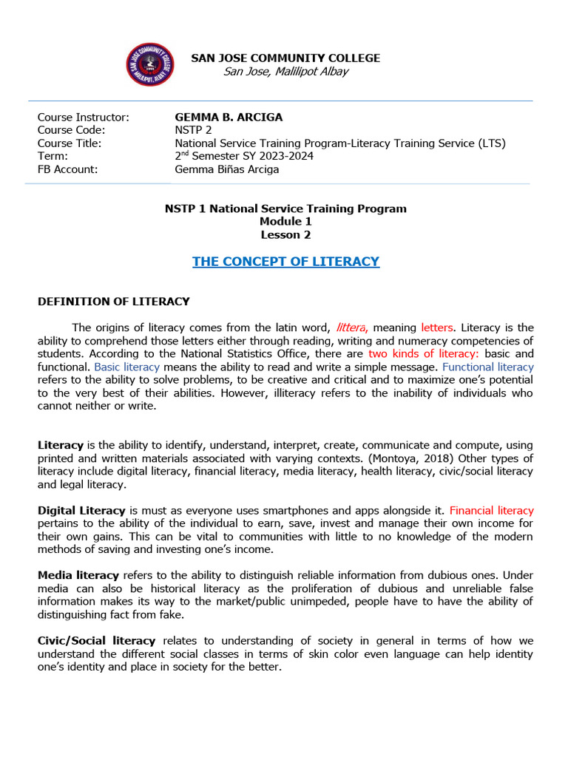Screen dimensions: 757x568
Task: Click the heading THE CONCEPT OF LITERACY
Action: click(285, 261)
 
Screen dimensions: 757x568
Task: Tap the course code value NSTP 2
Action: click(192, 130)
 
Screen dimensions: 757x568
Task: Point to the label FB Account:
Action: click(67, 169)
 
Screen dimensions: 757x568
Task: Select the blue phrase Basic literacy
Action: click(126, 367)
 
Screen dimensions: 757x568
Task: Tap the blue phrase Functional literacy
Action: click(487, 367)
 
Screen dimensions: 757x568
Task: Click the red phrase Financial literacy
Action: click(491, 510)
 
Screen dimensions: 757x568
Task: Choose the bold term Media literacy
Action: click(78, 574)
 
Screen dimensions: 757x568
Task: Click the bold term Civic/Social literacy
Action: click(97, 640)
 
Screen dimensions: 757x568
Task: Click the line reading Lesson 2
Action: click(285, 235)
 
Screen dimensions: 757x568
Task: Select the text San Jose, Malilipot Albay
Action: click(285, 71)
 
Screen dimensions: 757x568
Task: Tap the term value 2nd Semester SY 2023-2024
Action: click(244, 156)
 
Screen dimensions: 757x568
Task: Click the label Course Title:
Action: click(70, 143)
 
